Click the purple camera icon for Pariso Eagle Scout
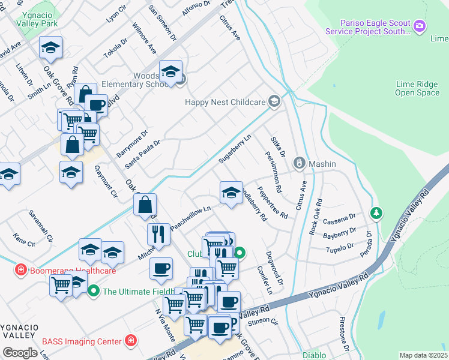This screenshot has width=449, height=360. [420, 25]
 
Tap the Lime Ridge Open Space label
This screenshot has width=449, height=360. [417, 88]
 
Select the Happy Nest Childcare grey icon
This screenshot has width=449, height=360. [274, 101]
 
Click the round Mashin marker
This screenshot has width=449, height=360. [299, 163]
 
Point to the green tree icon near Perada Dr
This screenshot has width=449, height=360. [376, 212]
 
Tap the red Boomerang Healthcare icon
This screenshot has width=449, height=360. [22, 270]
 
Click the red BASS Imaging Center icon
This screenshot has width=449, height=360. [131, 341]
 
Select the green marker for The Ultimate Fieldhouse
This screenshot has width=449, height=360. [94, 292]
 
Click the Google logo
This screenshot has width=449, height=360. [20, 352]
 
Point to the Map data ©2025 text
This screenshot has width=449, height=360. [423, 355]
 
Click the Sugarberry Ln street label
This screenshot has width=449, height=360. [235, 148]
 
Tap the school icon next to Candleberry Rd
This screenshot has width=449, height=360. [231, 192]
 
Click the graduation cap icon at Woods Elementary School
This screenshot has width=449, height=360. [171, 71]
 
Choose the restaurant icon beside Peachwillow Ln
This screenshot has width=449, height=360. [158, 233]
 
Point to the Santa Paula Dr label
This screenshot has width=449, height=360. [142, 154]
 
